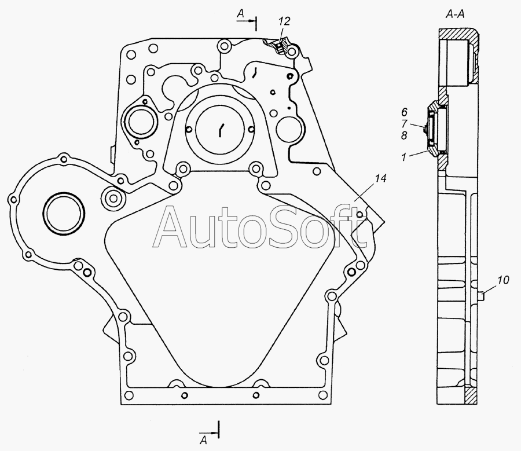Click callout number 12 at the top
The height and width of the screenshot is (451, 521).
coord(284,21)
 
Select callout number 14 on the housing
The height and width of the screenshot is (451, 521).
coord(380,178)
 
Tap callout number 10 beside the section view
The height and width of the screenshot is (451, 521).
coord(503,280)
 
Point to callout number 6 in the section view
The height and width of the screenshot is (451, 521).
coord(404,112)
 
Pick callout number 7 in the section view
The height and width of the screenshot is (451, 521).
coord(404,124)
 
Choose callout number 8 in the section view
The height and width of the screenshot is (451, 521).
coord(404,135)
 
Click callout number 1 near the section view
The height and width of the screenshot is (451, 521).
coord(403,157)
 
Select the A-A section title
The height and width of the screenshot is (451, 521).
coord(455,14)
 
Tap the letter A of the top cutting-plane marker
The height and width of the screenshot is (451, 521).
coord(241,13)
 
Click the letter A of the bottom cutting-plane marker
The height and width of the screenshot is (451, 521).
coord(203,441)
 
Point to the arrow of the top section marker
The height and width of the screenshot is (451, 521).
coord(246,21)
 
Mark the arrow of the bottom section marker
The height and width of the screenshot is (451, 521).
coord(208,432)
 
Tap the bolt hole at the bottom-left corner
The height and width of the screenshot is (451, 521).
coord(129,395)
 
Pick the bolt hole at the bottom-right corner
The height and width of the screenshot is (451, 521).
coord(322,395)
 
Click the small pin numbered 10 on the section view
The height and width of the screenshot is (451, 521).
coord(480,295)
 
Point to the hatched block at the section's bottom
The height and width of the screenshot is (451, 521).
coord(471,395)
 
